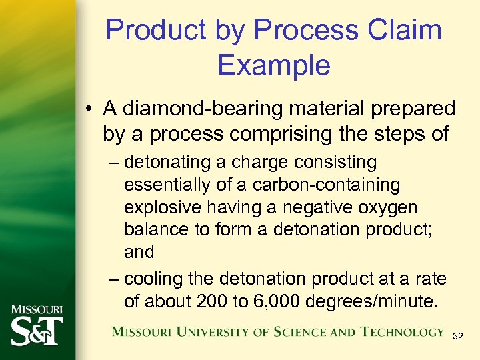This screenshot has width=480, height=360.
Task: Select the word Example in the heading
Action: pyautogui.click(x=273, y=65)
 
